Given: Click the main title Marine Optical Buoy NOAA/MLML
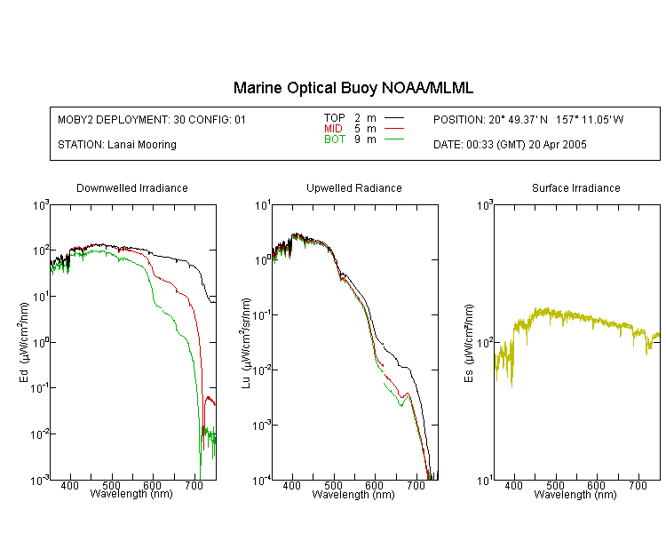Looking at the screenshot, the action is coord(353,88).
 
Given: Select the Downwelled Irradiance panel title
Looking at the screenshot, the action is coord(132,187).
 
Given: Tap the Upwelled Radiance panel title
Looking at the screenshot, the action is coord(354,187).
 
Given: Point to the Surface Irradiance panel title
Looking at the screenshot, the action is coord(576,187).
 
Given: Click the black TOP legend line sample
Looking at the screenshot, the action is coord(393,118).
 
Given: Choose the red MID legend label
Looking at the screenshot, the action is coord(333,128).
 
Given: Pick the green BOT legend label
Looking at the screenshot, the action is coord(335,139).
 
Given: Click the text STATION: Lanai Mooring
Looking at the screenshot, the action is coord(117,145).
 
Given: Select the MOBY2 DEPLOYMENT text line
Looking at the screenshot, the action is coord(152,120).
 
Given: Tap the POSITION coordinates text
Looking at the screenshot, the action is coord(528,120).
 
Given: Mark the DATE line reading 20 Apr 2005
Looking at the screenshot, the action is coord(510,145).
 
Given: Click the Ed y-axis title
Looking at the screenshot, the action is coord(24,342).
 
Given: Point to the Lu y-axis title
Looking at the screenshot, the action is coord(246,343).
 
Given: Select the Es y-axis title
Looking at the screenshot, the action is coord(469,343).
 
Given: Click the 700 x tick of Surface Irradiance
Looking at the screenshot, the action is coord(638,485).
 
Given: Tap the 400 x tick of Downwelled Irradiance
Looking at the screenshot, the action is coord(69,485).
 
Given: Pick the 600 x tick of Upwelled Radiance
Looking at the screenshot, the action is coord(374,485).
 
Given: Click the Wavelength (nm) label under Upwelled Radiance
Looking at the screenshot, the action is coord(353,495).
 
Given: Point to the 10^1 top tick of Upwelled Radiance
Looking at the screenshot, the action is coord(263,206).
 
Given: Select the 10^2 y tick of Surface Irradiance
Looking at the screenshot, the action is coord(485,343).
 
